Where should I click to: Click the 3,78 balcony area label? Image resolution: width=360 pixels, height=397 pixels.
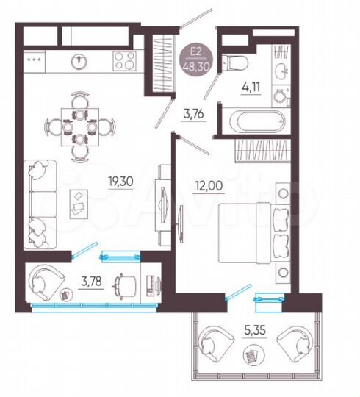(x=90, y=280)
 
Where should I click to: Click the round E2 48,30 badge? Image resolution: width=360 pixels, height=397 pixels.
(x=196, y=56)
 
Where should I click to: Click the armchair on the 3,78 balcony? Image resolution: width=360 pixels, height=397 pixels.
(x=48, y=282)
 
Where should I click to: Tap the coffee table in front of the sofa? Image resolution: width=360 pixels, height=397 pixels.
(x=79, y=202)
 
